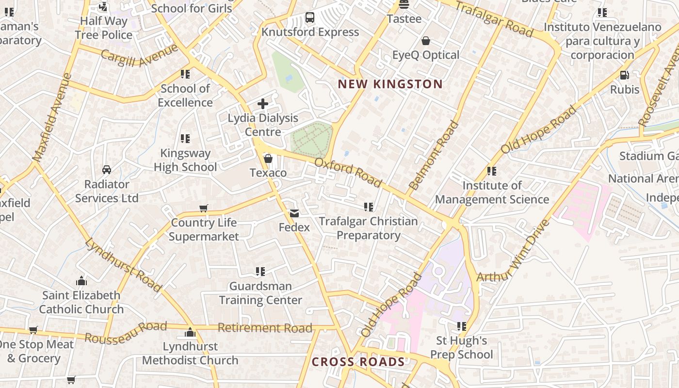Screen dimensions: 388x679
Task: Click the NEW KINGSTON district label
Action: [x=390, y=84]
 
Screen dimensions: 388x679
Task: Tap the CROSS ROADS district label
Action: [x=358, y=362]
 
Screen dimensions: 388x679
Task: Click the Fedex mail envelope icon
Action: [x=294, y=213]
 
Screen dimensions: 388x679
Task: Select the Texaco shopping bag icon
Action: [x=268, y=159]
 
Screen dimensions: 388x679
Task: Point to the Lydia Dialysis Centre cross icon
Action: [x=263, y=104]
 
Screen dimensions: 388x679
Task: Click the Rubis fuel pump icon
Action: [x=625, y=75]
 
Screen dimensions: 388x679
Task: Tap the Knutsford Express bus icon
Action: [x=310, y=18]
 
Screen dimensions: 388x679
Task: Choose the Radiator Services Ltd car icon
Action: [x=107, y=170]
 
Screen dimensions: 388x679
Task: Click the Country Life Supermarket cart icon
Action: [x=204, y=209]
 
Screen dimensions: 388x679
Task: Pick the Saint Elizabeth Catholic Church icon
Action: [x=81, y=281]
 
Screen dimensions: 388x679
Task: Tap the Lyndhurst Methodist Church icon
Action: [x=190, y=332]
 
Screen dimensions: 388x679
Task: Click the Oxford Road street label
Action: [x=348, y=172]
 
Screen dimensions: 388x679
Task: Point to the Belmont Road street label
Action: [x=434, y=155]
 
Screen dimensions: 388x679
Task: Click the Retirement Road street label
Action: [x=265, y=328]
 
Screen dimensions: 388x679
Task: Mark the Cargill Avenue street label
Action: [x=140, y=56]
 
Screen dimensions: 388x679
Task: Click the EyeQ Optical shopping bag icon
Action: [x=426, y=41]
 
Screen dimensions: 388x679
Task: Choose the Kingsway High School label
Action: [x=185, y=160]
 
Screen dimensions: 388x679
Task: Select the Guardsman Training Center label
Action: [x=260, y=293]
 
